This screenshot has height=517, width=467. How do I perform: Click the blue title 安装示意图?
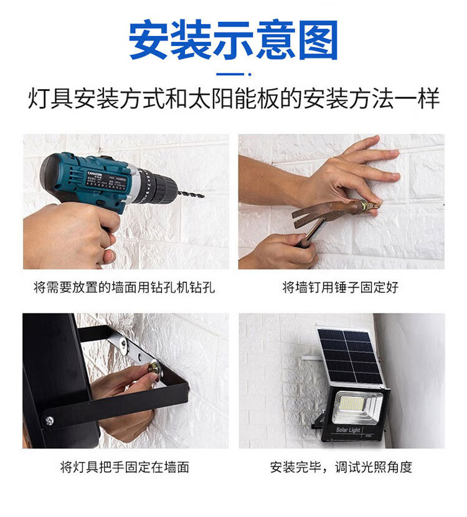[x=233, y=40]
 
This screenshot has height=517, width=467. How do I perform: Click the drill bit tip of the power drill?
[x=203, y=196]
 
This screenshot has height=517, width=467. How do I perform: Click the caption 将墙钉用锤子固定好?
[x=341, y=287]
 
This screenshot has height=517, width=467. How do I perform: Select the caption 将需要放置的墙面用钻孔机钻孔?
[x=125, y=287]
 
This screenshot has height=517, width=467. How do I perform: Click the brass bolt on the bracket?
[x=155, y=368]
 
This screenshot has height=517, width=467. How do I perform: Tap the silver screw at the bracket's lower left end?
[x=49, y=420]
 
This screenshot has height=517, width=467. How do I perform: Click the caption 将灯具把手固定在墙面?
[x=125, y=467]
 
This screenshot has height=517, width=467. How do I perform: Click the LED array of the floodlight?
[x=351, y=404]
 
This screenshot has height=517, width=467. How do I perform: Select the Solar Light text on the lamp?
[x=348, y=430]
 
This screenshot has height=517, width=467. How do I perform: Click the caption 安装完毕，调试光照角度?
[x=341, y=467]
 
